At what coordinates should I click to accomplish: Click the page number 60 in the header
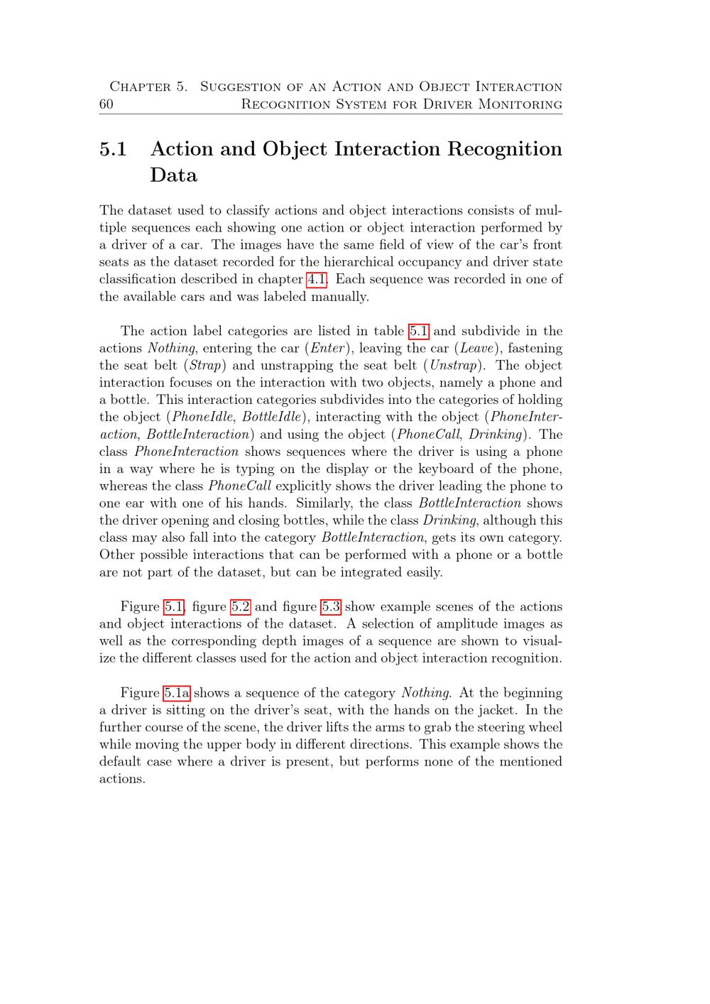click(106, 104)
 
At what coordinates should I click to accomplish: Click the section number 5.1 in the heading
click(114, 149)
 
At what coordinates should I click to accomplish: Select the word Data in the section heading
click(173, 175)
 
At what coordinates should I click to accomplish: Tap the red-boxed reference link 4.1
click(317, 279)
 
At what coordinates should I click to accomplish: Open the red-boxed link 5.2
click(241, 606)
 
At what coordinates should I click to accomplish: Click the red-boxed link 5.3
click(331, 606)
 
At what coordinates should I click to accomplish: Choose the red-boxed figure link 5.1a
click(177, 693)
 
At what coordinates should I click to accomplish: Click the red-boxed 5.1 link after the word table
click(419, 331)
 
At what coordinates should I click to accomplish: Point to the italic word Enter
click(327, 349)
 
